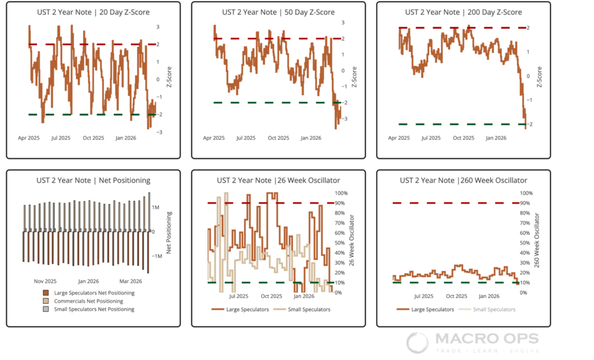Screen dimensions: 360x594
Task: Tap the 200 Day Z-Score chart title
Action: (x=463, y=12)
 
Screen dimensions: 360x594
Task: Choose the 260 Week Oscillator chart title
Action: (x=463, y=181)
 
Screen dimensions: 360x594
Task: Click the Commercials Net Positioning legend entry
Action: (x=88, y=301)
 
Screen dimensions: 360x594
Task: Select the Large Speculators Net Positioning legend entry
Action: (x=94, y=293)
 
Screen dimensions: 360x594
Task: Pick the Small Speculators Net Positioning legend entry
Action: (x=94, y=309)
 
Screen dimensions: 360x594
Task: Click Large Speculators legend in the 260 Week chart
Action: (x=431, y=310)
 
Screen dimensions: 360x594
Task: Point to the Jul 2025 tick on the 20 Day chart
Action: (x=61, y=138)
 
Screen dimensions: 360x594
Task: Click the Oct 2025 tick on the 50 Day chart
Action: (x=278, y=138)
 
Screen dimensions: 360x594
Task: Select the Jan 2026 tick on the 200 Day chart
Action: (x=496, y=138)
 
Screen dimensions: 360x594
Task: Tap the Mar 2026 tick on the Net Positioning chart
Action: (x=131, y=281)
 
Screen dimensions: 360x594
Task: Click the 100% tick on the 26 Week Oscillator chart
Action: (x=341, y=193)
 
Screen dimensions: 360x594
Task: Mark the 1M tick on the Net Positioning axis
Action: (x=156, y=207)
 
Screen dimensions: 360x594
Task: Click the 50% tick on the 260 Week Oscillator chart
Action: (x=526, y=243)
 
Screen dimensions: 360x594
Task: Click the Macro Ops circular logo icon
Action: (x=417, y=343)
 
